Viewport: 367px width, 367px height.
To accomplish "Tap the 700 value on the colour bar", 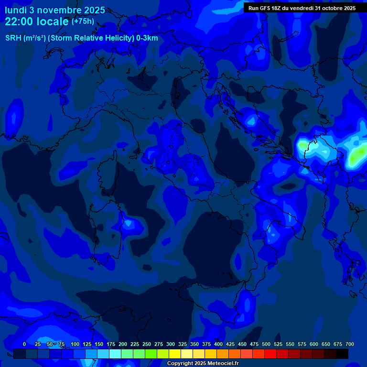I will [350, 344].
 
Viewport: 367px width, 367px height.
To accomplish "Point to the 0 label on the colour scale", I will [24, 344].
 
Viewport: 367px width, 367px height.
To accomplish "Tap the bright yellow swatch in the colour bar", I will [175, 354].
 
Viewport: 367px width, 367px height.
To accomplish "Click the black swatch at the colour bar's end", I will [342, 354].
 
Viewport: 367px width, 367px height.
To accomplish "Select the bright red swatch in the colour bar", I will [270, 354].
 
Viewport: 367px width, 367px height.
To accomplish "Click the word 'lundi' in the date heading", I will [16, 10].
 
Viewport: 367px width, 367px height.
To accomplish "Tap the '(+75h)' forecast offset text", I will [83, 22].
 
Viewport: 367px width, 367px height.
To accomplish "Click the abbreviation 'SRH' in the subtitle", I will [13, 38].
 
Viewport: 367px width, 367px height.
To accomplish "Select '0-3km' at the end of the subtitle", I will [147, 38].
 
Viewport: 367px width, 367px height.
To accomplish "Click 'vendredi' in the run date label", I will [301, 8].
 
